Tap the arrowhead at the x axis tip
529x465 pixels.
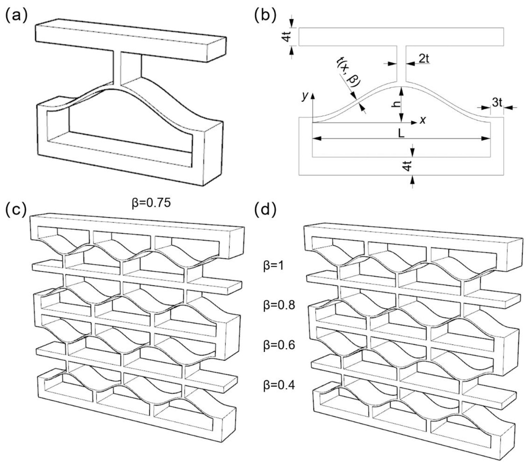point(415,122)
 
